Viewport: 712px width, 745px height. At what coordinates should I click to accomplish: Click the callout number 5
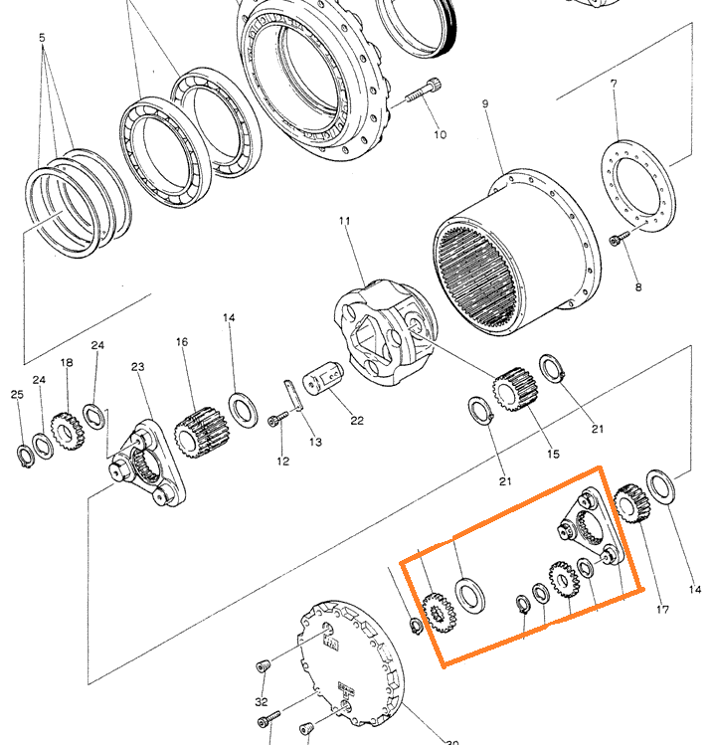coord(42,39)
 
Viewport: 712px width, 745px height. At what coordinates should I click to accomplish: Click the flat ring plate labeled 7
coord(633,188)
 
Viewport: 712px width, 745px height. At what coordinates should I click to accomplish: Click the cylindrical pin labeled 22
coord(322,378)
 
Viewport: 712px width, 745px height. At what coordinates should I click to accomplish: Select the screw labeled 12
coord(276,422)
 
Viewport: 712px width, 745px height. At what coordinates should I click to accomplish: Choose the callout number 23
coord(137,367)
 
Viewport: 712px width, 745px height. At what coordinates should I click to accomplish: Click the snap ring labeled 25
coord(23,456)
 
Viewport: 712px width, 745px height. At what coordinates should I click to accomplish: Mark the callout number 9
coord(485,103)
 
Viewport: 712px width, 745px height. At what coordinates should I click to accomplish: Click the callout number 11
coord(345,220)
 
